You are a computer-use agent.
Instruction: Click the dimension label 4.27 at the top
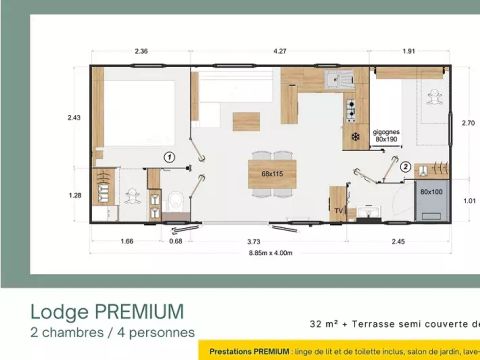pos(263,50)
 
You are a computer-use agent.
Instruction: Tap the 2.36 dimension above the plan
pos(142,50)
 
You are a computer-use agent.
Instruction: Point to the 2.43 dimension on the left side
pos(72,118)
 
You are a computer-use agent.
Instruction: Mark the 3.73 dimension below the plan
pos(263,241)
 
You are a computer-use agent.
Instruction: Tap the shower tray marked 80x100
pos(431,191)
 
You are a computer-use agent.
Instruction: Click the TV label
pos(336,211)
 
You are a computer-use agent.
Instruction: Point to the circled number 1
pos(170,157)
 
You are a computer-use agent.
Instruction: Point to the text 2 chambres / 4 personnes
pos(112,332)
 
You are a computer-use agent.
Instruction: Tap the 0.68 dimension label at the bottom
pos(176,241)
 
